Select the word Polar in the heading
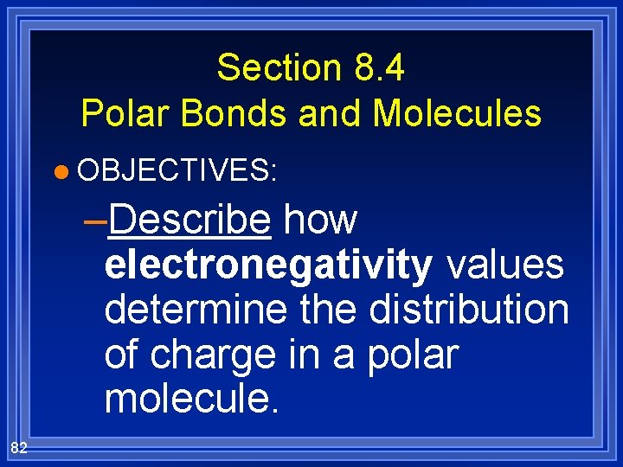click(x=120, y=113)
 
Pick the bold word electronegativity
click(x=268, y=265)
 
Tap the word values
click(x=505, y=265)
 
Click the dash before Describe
click(x=98, y=221)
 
